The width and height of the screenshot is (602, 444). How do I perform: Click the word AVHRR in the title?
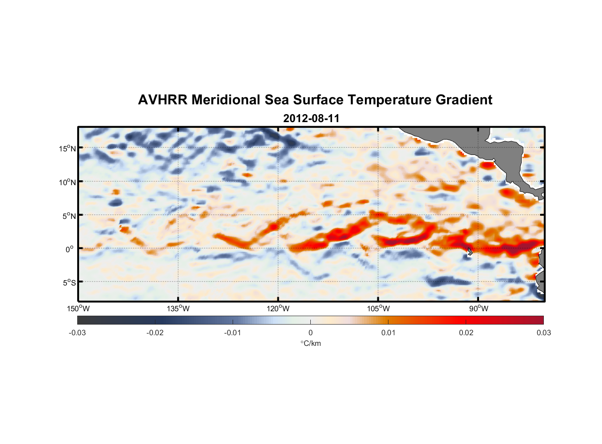coord(162,100)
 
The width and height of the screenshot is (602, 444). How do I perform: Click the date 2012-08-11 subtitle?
coord(311,119)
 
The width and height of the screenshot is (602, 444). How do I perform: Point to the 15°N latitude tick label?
coord(67,148)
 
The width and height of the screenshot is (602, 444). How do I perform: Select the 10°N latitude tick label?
coord(67,182)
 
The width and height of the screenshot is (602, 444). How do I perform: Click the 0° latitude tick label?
coord(70,249)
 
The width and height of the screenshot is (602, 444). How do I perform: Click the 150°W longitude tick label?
coord(79,309)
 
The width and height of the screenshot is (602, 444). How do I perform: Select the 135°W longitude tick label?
coord(178,309)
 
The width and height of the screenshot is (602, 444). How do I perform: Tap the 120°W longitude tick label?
coord(278,309)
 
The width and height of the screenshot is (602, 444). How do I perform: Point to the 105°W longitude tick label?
coord(378,309)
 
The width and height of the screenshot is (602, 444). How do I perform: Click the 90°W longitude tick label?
coord(479,309)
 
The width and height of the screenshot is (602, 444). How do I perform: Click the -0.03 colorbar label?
coord(77,333)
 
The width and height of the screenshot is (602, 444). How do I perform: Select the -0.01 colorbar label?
coord(233,333)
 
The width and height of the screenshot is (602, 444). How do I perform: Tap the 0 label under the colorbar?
coord(310,333)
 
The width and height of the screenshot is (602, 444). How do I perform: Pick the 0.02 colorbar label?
coord(466,333)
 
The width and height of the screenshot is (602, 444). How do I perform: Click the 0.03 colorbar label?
coord(544,333)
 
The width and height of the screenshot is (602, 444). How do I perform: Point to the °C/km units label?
coord(310,343)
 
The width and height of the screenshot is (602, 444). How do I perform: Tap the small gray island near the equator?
coord(470,251)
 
